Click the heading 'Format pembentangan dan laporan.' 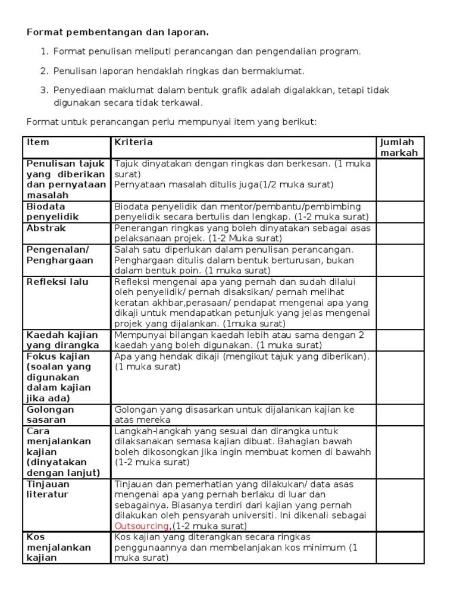coord(118,32)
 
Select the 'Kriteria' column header coord(133,142)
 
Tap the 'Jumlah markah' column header coord(398,147)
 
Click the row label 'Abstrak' coord(46,228)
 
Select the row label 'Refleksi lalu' coord(57,281)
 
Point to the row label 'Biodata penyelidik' coord(53,212)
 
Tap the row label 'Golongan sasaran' coord(51,415)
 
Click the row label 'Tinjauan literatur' coord(48,489)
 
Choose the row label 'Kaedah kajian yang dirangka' coord(62,340)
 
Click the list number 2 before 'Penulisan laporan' coord(43,71)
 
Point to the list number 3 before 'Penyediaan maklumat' coord(43,90)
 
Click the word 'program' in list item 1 coord(342,52)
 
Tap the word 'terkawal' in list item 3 coord(184,102)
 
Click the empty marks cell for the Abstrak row coord(398,233)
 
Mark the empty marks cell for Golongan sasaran coord(398,415)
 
